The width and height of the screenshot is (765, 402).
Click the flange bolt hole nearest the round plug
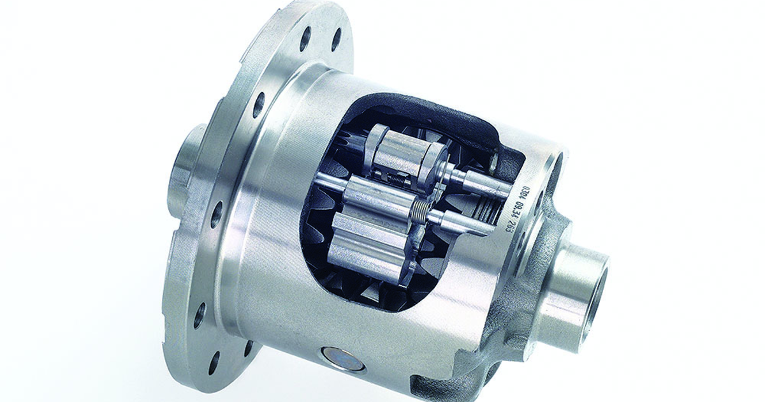pyautogui.click(x=248, y=348)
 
